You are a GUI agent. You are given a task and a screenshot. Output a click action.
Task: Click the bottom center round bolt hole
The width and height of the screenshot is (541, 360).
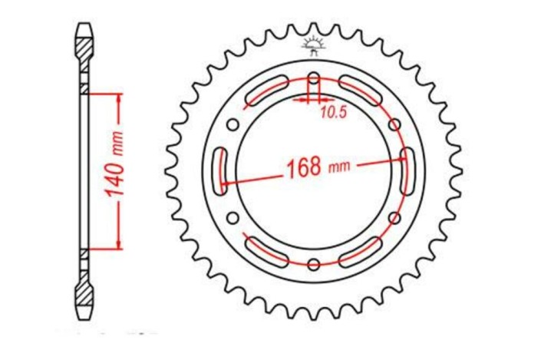313,266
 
